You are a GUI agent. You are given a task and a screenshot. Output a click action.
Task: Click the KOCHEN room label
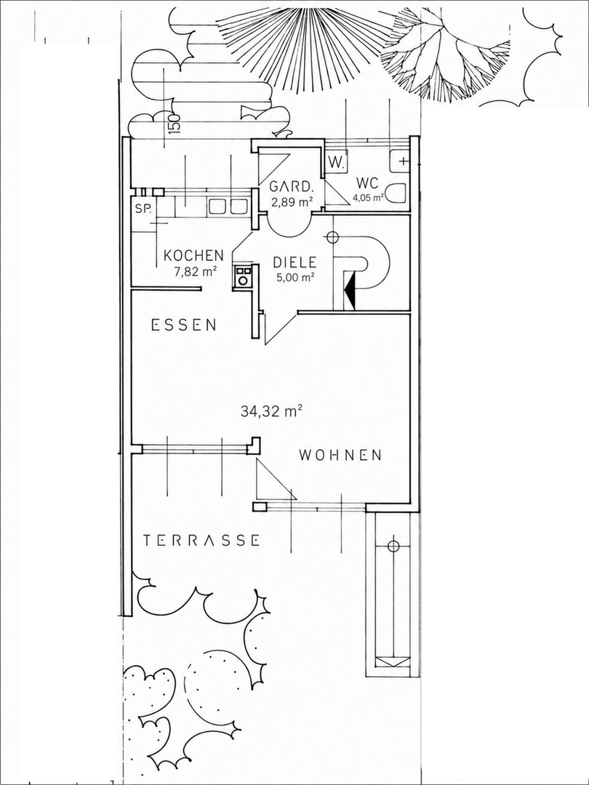[194, 255]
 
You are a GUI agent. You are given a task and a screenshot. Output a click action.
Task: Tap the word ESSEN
[184, 326]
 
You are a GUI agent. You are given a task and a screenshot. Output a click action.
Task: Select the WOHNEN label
[340, 455]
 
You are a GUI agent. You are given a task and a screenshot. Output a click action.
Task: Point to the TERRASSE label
[201, 540]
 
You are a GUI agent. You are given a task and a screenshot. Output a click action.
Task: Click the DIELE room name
[294, 262]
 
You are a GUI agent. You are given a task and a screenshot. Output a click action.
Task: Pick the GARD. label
[292, 187]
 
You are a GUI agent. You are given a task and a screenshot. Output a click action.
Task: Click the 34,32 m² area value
[271, 411]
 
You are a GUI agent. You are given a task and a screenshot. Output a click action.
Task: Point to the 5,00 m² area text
[295, 277]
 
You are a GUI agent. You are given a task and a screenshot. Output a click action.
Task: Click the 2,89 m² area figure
[292, 201]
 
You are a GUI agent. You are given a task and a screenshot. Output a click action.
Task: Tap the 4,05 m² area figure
[369, 197]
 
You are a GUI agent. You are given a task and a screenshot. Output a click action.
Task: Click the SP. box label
[143, 209]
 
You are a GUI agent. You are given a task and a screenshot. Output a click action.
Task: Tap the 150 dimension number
[173, 123]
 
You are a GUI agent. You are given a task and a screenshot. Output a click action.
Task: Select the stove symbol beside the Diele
[243, 276]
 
